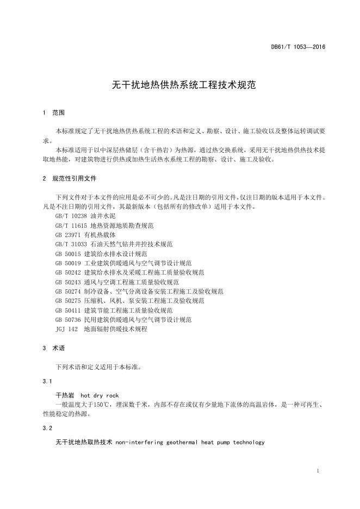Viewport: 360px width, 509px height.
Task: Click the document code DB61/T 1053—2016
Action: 297,47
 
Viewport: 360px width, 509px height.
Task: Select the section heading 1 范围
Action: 53,113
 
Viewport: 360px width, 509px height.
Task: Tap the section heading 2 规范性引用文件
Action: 70,178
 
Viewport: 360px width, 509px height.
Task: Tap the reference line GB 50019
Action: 123,263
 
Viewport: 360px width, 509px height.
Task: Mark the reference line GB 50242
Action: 130,272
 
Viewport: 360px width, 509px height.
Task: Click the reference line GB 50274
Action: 139,291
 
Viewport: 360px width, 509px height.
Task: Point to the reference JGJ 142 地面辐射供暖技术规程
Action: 101,329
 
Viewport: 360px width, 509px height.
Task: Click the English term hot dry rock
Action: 100,395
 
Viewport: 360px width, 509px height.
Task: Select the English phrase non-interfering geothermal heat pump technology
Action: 190,442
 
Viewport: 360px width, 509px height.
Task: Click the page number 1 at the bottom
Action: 317,470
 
